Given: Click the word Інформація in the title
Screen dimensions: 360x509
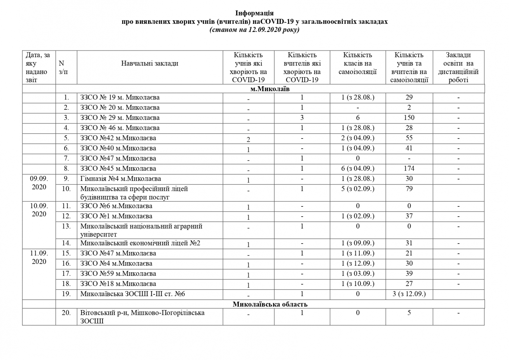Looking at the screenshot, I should tap(254, 13).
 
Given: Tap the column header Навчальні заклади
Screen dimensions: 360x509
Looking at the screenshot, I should tap(150, 64).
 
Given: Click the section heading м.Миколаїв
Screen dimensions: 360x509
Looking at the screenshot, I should tap(270, 89).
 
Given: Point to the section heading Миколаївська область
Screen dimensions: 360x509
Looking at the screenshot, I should tap(270, 304).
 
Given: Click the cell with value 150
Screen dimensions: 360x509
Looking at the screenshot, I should tap(409, 118).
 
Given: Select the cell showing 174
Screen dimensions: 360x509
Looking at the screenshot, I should tap(409, 169).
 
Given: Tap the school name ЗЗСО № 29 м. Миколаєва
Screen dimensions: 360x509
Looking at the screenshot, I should tap(120, 118).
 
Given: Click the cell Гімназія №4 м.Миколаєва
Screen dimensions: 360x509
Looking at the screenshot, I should tap(120, 179).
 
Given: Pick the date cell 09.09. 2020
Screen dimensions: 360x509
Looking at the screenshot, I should tap(39, 183).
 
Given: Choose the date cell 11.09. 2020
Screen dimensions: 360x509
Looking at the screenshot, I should tap(39, 257).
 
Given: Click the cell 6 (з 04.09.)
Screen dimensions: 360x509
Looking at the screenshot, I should tap(358, 169).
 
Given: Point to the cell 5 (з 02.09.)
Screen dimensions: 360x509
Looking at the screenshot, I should tap(358, 189).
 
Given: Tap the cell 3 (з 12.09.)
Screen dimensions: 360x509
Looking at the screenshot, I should tap(409, 294).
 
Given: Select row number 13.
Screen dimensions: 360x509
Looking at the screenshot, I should tap(66, 226).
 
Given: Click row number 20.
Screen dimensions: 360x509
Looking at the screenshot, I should tap(66, 313).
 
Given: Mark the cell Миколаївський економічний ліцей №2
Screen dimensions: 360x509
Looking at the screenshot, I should tap(140, 243).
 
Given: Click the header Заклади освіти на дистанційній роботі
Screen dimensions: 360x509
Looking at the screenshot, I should tap(458, 68).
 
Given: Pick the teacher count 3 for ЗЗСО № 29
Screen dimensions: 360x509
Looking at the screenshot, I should tap(302, 118).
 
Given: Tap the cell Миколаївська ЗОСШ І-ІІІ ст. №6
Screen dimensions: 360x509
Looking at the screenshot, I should tap(133, 294).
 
